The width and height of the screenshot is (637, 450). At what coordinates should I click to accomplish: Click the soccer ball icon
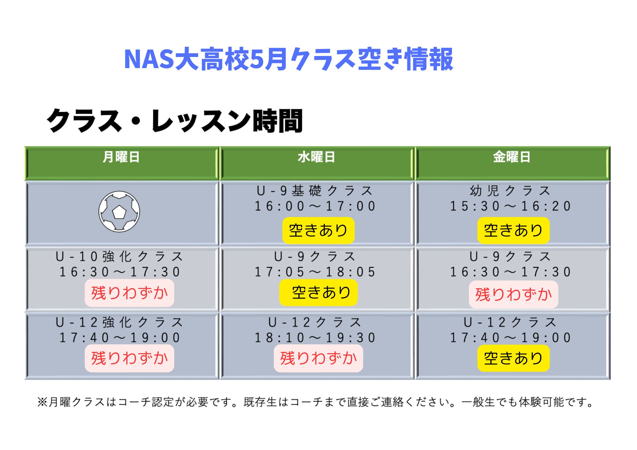(x=119, y=211)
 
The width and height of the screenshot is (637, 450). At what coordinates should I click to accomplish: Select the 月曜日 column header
(x=121, y=157)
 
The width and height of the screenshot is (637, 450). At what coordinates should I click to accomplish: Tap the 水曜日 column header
(x=317, y=157)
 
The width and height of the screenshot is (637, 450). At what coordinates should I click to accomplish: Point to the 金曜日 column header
(x=512, y=157)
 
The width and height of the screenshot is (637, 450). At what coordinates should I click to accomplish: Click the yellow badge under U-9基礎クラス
(x=318, y=230)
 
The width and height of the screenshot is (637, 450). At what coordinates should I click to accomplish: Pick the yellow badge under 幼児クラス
(x=513, y=230)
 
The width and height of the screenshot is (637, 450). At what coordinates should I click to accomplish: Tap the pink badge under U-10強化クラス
(x=129, y=293)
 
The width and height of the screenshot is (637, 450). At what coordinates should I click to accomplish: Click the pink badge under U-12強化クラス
(x=129, y=358)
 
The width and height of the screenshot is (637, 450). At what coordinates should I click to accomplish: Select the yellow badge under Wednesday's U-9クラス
(x=318, y=292)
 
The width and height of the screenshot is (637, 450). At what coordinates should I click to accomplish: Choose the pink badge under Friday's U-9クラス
(x=513, y=294)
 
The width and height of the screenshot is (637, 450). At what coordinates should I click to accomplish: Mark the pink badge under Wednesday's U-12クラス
(x=318, y=358)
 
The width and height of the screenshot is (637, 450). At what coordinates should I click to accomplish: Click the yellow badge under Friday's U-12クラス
(x=513, y=358)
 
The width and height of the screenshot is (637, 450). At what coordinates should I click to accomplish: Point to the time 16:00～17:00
(x=315, y=206)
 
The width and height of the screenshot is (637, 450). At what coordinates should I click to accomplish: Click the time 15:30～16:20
(x=511, y=206)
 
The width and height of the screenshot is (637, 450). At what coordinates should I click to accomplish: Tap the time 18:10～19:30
(x=315, y=338)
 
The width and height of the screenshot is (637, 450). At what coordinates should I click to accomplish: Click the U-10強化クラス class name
(x=119, y=257)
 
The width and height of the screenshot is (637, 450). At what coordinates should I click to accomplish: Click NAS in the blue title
(x=149, y=59)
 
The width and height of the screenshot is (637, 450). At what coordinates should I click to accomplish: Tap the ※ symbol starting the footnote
(x=42, y=402)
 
